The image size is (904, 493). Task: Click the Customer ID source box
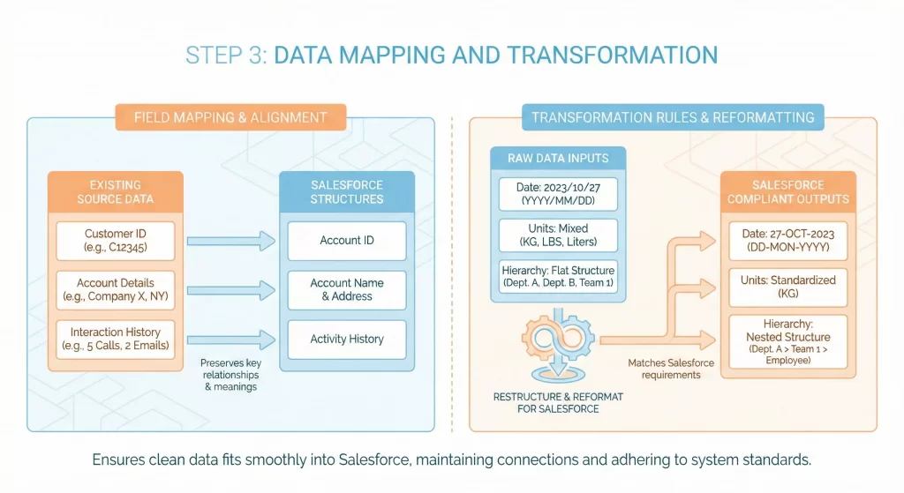point(115,241)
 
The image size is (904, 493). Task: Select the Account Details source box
point(115,289)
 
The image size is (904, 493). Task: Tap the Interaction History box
point(115,339)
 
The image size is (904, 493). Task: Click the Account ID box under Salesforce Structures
point(346,240)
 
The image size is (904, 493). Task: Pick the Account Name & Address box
point(346,289)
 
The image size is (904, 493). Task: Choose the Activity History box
point(346,339)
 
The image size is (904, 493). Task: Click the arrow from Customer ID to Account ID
point(230,240)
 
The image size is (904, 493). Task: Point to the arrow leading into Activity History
point(230,339)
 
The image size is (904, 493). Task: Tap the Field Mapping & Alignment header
point(230,117)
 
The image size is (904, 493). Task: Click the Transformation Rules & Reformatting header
point(672,117)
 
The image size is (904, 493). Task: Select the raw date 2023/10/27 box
point(559,194)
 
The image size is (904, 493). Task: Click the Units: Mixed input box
point(559,235)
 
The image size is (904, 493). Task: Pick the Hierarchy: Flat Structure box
point(559,276)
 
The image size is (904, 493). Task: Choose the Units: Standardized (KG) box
point(787,287)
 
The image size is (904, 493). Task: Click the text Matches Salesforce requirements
point(664,369)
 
